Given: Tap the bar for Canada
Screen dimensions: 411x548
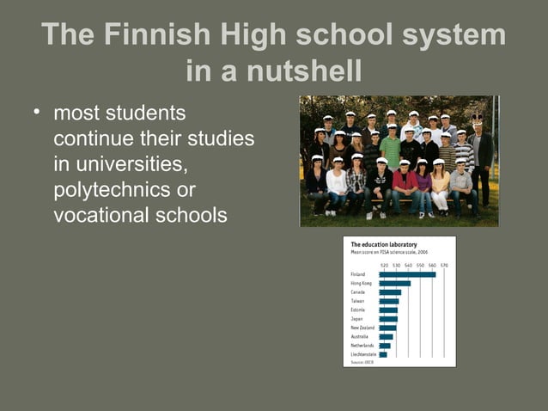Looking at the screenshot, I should [390, 292].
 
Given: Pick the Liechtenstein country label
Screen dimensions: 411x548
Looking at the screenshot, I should [363, 354].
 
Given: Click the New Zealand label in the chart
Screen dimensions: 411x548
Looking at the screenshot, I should [362, 328].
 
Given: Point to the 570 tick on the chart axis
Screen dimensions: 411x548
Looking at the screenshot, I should [444, 265].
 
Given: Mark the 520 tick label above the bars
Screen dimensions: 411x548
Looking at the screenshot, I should [384, 265].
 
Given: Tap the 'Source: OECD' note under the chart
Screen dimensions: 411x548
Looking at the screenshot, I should [362, 362].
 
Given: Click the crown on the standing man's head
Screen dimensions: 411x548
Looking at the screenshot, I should [478, 117].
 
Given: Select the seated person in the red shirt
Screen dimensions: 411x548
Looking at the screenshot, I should [404, 182].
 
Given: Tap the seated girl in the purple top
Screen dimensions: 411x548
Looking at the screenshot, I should [423, 185].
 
